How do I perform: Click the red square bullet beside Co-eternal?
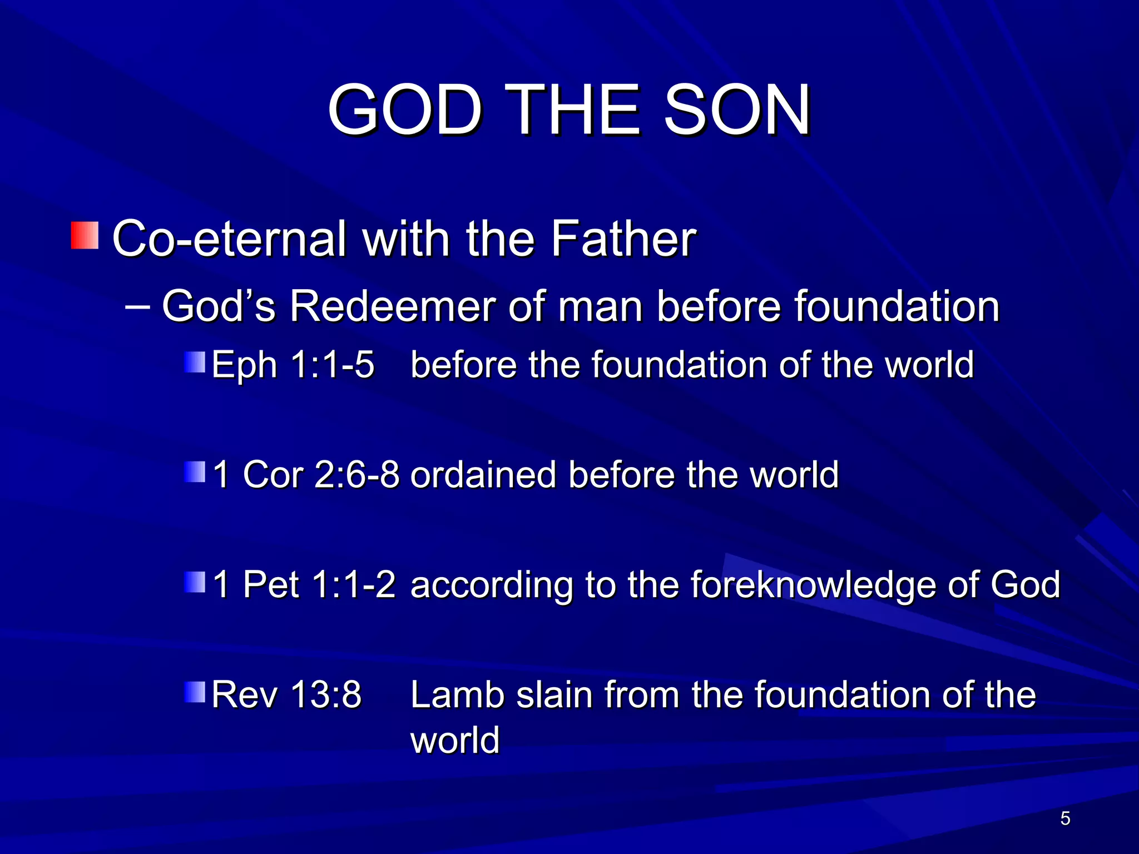[x=85, y=235]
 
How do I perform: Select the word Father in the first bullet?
[x=623, y=239]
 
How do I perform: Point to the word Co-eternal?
[x=229, y=239]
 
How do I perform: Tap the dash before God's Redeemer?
[x=137, y=306]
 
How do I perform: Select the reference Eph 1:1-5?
[x=293, y=365]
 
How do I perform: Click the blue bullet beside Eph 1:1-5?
[x=195, y=361]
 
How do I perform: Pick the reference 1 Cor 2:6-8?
[x=306, y=475]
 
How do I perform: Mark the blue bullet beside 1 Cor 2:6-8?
[x=195, y=471]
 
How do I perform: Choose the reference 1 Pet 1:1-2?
[x=304, y=585]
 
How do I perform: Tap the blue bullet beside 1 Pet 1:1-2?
[x=195, y=582]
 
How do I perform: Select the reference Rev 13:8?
[x=286, y=695]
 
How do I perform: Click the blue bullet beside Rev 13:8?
[x=195, y=692]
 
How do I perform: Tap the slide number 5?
[x=1065, y=818]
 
